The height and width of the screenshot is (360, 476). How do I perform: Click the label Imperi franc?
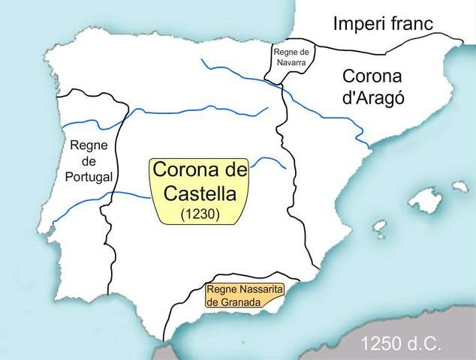pyautogui.click(x=383, y=23)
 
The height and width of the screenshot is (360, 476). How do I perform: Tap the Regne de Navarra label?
pyautogui.click(x=293, y=57)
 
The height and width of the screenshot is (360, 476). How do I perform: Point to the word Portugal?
pyautogui.click(x=89, y=177)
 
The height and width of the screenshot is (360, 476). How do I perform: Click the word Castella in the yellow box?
pyautogui.click(x=199, y=193)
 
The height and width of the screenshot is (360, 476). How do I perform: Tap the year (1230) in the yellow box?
pyautogui.click(x=199, y=214)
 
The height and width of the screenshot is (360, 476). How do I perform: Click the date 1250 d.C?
pyautogui.click(x=398, y=343)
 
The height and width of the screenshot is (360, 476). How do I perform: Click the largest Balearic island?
pyautogui.click(x=429, y=199)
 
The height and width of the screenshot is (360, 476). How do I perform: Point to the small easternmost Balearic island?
pyautogui.click(x=460, y=184)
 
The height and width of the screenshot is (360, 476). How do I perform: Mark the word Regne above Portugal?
pyautogui.click(x=89, y=145)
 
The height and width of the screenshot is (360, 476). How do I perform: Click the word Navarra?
pyautogui.click(x=293, y=62)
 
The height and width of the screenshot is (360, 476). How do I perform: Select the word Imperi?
pyautogui.click(x=357, y=23)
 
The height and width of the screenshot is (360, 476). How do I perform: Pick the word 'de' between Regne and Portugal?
pyautogui.click(x=89, y=160)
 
